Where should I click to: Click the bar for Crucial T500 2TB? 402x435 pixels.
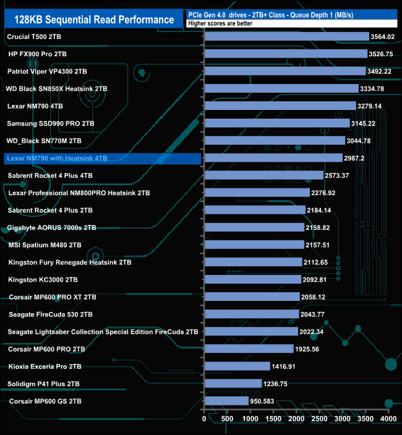tap(286, 36)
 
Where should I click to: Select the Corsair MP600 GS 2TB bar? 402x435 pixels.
tap(226, 401)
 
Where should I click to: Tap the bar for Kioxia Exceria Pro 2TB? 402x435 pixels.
tap(237, 366)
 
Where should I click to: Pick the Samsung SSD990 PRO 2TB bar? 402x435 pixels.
tap(276, 124)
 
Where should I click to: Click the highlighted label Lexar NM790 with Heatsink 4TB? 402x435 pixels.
tap(57, 158)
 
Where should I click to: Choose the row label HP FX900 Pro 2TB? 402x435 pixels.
tap(37, 54)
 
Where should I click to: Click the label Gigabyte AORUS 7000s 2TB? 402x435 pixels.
tap(52, 227)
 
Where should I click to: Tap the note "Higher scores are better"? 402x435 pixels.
tap(216, 24)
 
